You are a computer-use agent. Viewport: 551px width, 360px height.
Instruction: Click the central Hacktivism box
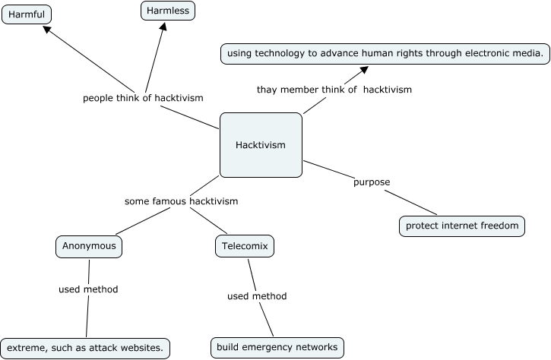261,145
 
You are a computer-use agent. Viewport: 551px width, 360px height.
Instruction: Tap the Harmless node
168,11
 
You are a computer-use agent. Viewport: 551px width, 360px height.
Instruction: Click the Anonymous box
89,246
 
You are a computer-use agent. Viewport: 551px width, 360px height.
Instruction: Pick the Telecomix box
244,246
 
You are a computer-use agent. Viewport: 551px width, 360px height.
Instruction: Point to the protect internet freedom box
462,226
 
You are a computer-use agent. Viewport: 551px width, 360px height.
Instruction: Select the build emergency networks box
277,348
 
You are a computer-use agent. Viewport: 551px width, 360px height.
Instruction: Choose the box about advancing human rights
385,53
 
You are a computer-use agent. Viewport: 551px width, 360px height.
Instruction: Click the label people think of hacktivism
143,98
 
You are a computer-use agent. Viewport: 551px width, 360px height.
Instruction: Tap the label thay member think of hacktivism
334,90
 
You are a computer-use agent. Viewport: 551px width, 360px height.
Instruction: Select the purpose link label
372,182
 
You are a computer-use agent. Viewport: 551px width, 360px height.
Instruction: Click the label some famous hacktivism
181,201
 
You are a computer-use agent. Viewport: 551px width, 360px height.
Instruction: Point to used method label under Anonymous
88,289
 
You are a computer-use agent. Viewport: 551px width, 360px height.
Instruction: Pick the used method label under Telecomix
257,296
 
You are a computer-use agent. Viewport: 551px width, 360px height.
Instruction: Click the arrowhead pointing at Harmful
48,30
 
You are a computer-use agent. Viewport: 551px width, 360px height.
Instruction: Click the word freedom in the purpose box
498,226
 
